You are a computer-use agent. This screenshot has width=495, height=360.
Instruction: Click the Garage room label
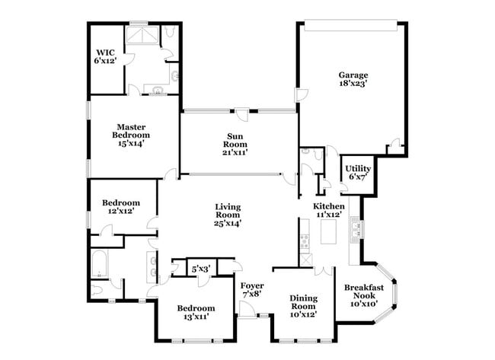pyautogui.click(x=353, y=75)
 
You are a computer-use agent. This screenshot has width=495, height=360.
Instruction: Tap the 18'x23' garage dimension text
pyautogui.click(x=353, y=84)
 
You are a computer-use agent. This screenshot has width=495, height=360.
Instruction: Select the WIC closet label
pyautogui.click(x=105, y=53)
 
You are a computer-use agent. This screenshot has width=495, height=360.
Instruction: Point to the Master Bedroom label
pyautogui.click(x=131, y=131)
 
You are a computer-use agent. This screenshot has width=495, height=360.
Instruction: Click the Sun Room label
pyautogui.click(x=235, y=140)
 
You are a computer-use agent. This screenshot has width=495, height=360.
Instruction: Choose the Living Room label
pyautogui.click(x=228, y=211)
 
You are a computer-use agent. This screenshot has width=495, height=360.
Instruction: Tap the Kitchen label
pyautogui.click(x=329, y=206)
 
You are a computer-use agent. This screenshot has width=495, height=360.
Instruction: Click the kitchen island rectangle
pyautogui.click(x=328, y=231)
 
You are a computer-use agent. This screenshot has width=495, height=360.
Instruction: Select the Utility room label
pyautogui.click(x=358, y=168)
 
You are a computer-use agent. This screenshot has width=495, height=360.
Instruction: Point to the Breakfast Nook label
pyautogui.click(x=364, y=292)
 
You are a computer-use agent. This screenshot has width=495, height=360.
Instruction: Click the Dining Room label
pyautogui.click(x=304, y=302)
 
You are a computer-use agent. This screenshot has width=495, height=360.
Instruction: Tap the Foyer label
pyautogui.click(x=252, y=286)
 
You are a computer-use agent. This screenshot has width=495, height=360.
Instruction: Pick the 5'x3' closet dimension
pyautogui.click(x=201, y=269)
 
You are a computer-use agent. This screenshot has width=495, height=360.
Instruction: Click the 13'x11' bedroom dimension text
pyautogui.click(x=196, y=317)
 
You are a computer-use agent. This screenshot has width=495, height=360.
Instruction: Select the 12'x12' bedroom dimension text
pyautogui.click(x=121, y=211)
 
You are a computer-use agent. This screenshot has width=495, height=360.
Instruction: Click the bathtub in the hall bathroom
pyautogui.click(x=99, y=264)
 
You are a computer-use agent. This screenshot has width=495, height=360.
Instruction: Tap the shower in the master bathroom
pyautogui.click(x=142, y=35)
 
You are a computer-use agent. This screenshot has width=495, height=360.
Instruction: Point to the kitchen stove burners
pyautogui.click(x=305, y=241)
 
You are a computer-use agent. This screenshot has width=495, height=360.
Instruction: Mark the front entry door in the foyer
pyautogui.click(x=247, y=309)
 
